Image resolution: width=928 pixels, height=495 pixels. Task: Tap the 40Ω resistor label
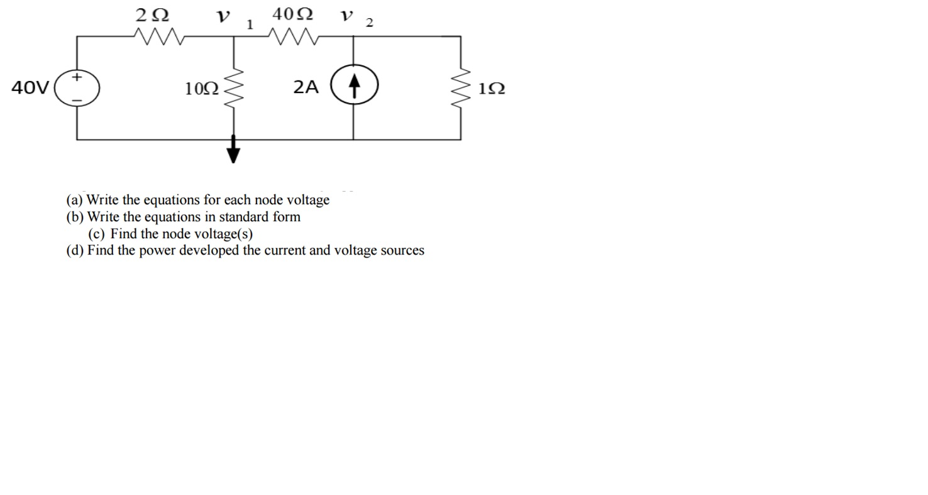pos(292,14)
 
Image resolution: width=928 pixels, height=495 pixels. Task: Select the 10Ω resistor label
pos(202,89)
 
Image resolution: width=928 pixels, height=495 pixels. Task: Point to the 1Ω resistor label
pos(491,89)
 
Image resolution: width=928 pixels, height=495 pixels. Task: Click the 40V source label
pos(30,88)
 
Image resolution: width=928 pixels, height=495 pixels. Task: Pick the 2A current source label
pos(306,87)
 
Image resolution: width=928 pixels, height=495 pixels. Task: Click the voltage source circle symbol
pos(77,88)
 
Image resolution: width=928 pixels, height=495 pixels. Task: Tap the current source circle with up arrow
pos(354,87)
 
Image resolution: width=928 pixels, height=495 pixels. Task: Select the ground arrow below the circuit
pos(233,151)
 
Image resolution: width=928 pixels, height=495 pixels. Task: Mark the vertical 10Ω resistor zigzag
pos(234,89)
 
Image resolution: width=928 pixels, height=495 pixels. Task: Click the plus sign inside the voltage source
pos(77,77)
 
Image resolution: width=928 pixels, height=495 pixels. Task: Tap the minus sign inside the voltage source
pos(77,100)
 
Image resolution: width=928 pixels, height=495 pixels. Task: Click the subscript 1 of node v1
pos(250,25)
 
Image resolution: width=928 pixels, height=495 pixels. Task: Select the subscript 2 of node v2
pos(370,24)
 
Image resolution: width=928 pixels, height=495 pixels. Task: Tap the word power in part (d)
pos(157,251)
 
